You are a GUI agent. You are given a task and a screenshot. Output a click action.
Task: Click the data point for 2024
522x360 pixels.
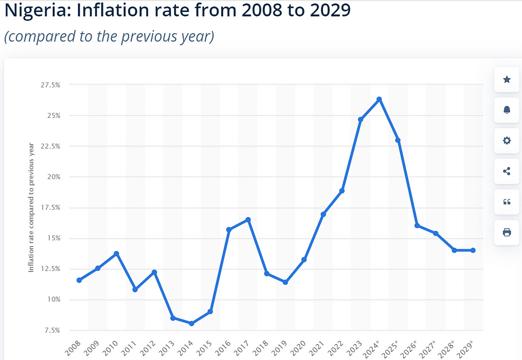(x=379, y=99)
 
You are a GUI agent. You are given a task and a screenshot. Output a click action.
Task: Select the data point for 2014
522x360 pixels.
(x=191, y=323)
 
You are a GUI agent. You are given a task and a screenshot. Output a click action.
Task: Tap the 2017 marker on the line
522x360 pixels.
(x=248, y=220)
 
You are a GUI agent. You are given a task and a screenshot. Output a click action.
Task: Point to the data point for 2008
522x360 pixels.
(x=79, y=280)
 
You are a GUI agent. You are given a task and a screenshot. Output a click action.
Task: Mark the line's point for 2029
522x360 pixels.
(x=473, y=250)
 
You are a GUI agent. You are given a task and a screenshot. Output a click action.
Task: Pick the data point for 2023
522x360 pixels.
(x=360, y=119)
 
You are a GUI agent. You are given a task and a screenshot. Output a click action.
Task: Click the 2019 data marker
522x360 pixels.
(x=285, y=282)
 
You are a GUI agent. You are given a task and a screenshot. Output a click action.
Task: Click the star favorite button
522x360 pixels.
(x=507, y=80)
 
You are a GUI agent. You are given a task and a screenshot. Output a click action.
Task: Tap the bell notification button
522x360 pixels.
(x=507, y=110)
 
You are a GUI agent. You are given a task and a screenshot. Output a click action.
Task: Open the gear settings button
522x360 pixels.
(x=507, y=141)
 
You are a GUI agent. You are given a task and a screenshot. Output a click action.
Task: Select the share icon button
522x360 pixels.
(x=507, y=171)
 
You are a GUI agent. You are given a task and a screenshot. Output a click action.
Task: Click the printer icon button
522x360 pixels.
(x=507, y=232)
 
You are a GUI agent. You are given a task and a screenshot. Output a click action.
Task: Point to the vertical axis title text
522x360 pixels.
(x=31, y=207)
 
